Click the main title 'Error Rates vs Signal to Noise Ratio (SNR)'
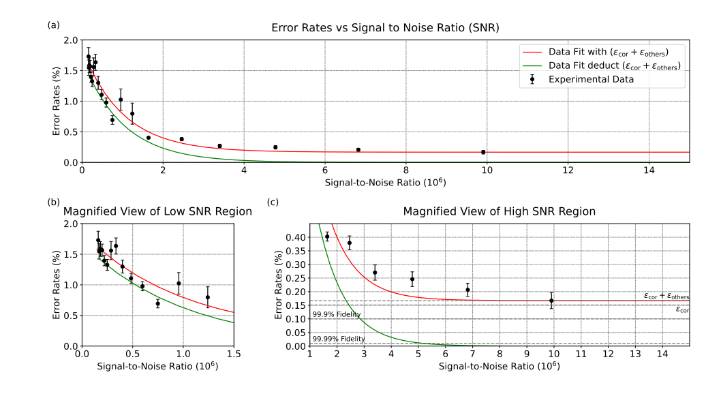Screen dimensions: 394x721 [x=385, y=28]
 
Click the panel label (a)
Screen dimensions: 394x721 [x=53, y=25]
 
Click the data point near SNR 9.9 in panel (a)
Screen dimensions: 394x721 [x=483, y=152]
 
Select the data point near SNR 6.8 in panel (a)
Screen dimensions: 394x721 [x=358, y=150]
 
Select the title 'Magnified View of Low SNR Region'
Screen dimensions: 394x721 [x=158, y=212]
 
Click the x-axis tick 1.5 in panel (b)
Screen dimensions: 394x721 [x=234, y=355]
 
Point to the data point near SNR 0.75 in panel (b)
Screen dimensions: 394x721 [x=157, y=303]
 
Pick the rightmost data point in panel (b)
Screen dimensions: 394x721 [x=207, y=297]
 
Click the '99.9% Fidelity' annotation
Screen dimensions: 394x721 [x=337, y=314]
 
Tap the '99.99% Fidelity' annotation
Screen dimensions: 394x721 [x=339, y=339]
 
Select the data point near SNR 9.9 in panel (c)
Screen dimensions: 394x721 [x=551, y=301]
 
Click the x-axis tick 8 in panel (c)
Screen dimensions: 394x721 [x=500, y=355]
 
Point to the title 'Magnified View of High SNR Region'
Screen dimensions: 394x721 [x=499, y=212]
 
